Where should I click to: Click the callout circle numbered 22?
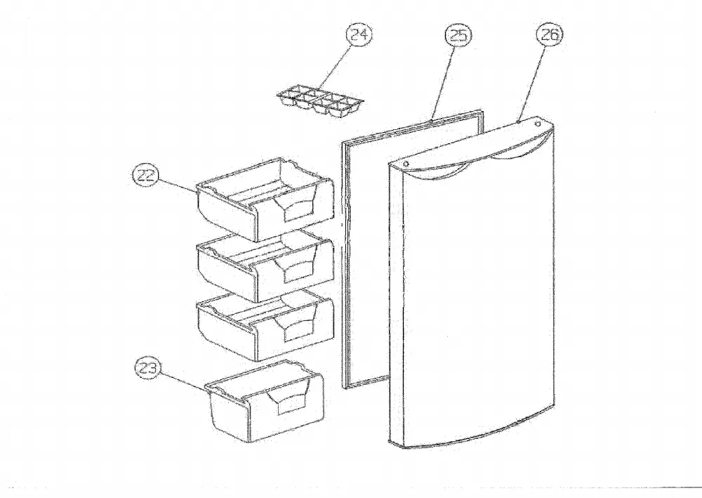tap(147, 175)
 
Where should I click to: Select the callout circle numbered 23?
tap(148, 367)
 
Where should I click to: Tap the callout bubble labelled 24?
tap(359, 34)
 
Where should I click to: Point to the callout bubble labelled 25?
tap(458, 35)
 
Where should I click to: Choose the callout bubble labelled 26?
tap(550, 34)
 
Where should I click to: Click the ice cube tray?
tap(320, 103)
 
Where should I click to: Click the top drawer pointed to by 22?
tap(265, 199)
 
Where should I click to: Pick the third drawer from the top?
tap(265, 326)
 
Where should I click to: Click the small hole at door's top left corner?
tap(406, 164)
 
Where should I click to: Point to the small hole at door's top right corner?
tap(538, 124)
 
